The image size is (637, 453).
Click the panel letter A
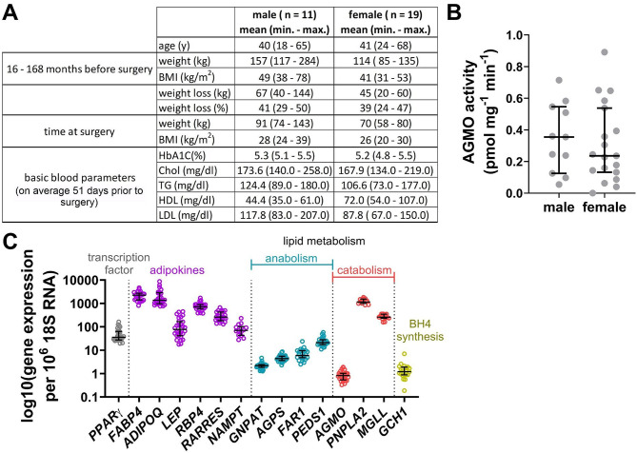10,13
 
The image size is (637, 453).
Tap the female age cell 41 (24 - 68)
386,46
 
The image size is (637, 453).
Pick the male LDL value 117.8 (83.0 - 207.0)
284,215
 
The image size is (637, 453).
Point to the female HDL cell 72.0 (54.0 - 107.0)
386,200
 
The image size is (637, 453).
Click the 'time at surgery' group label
79,132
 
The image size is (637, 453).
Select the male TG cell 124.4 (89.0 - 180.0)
284,186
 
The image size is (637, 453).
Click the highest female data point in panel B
604,52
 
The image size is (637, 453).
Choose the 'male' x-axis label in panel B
559,207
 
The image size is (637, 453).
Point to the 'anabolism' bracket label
291,258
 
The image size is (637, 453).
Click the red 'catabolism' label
364,270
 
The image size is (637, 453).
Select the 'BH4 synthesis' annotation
420,330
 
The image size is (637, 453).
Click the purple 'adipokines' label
177,270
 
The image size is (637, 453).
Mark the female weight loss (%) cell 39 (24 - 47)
386,108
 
